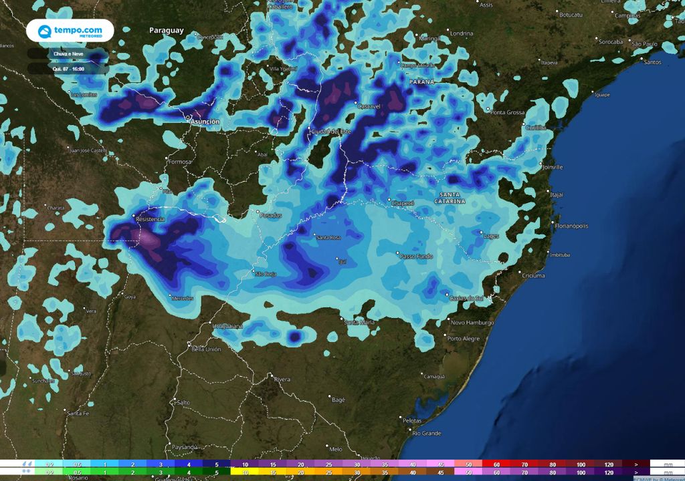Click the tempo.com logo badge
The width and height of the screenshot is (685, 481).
tap(70, 31)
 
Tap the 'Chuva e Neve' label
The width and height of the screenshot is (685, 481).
tap(68, 53)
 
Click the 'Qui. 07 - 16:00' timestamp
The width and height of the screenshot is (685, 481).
tap(68, 68)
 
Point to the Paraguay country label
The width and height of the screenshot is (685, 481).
tap(166, 31)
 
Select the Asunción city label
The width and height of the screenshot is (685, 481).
tap(205, 122)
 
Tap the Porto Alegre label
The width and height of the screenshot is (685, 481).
tap(464, 339)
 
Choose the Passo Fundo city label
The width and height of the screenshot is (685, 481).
tap(415, 256)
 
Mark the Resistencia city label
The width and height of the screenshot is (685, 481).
tap(150, 219)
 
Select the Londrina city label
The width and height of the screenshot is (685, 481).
tap(462, 33)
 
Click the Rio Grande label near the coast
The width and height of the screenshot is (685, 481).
tap(426, 433)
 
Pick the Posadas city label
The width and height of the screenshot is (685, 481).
tap(271, 215)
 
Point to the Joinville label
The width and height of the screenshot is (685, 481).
tap(553, 167)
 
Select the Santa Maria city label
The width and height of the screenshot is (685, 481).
tap(359, 322)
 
